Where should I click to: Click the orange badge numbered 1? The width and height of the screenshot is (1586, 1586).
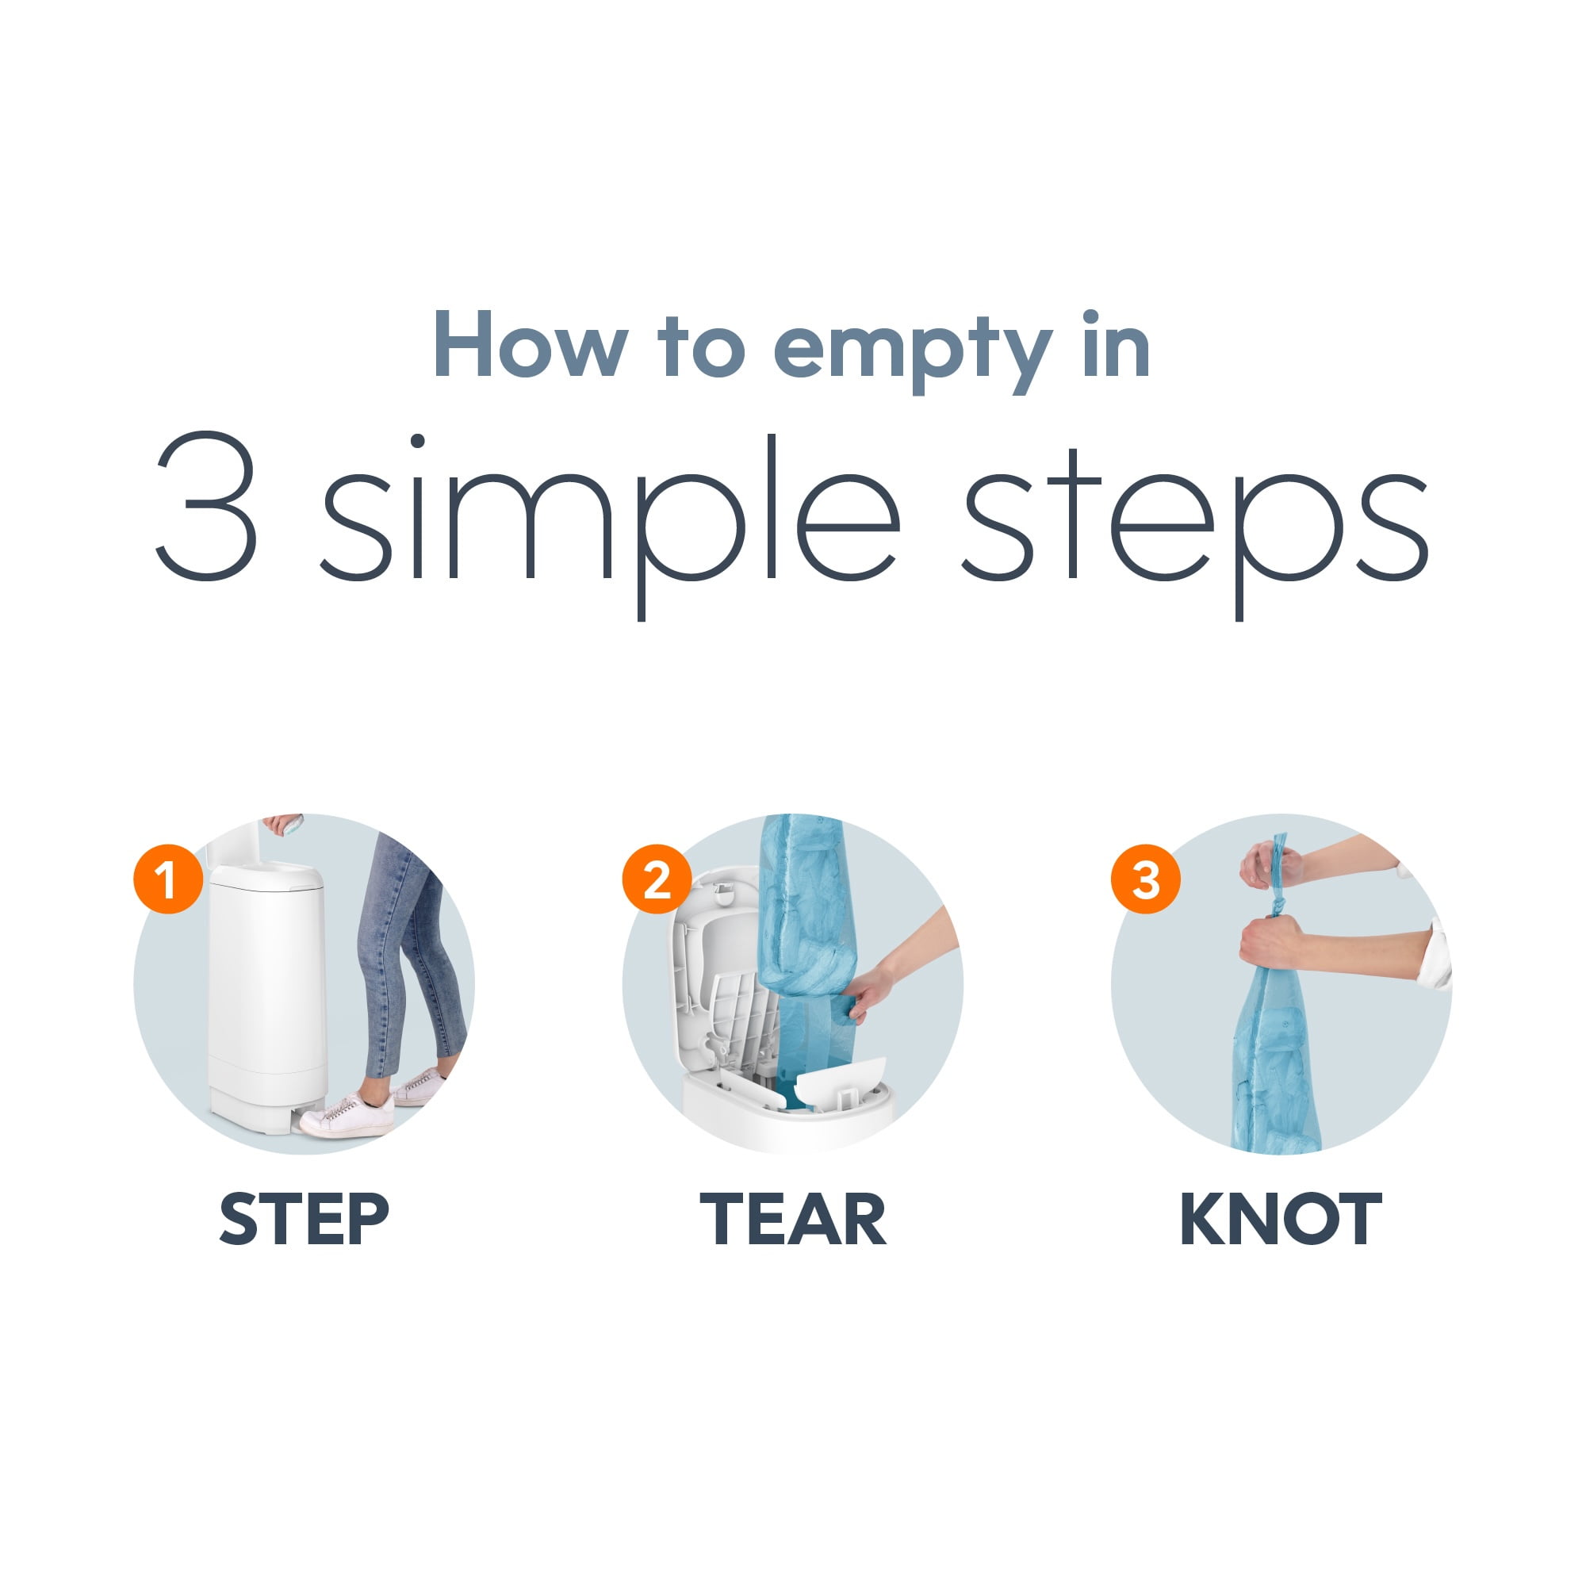click(168, 879)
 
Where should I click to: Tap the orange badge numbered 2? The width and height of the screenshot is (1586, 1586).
click(657, 879)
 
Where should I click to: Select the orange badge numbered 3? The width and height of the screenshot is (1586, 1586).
click(1146, 879)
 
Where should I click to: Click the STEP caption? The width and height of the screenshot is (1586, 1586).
click(304, 1220)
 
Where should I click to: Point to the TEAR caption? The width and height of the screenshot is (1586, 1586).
click(793, 1220)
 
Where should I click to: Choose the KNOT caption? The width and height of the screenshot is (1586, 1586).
click(1281, 1220)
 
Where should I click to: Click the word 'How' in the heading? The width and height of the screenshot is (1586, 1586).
click(531, 344)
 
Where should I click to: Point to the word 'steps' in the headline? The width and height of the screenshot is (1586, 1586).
click(1196, 526)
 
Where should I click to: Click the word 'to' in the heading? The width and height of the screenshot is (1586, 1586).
click(701, 347)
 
